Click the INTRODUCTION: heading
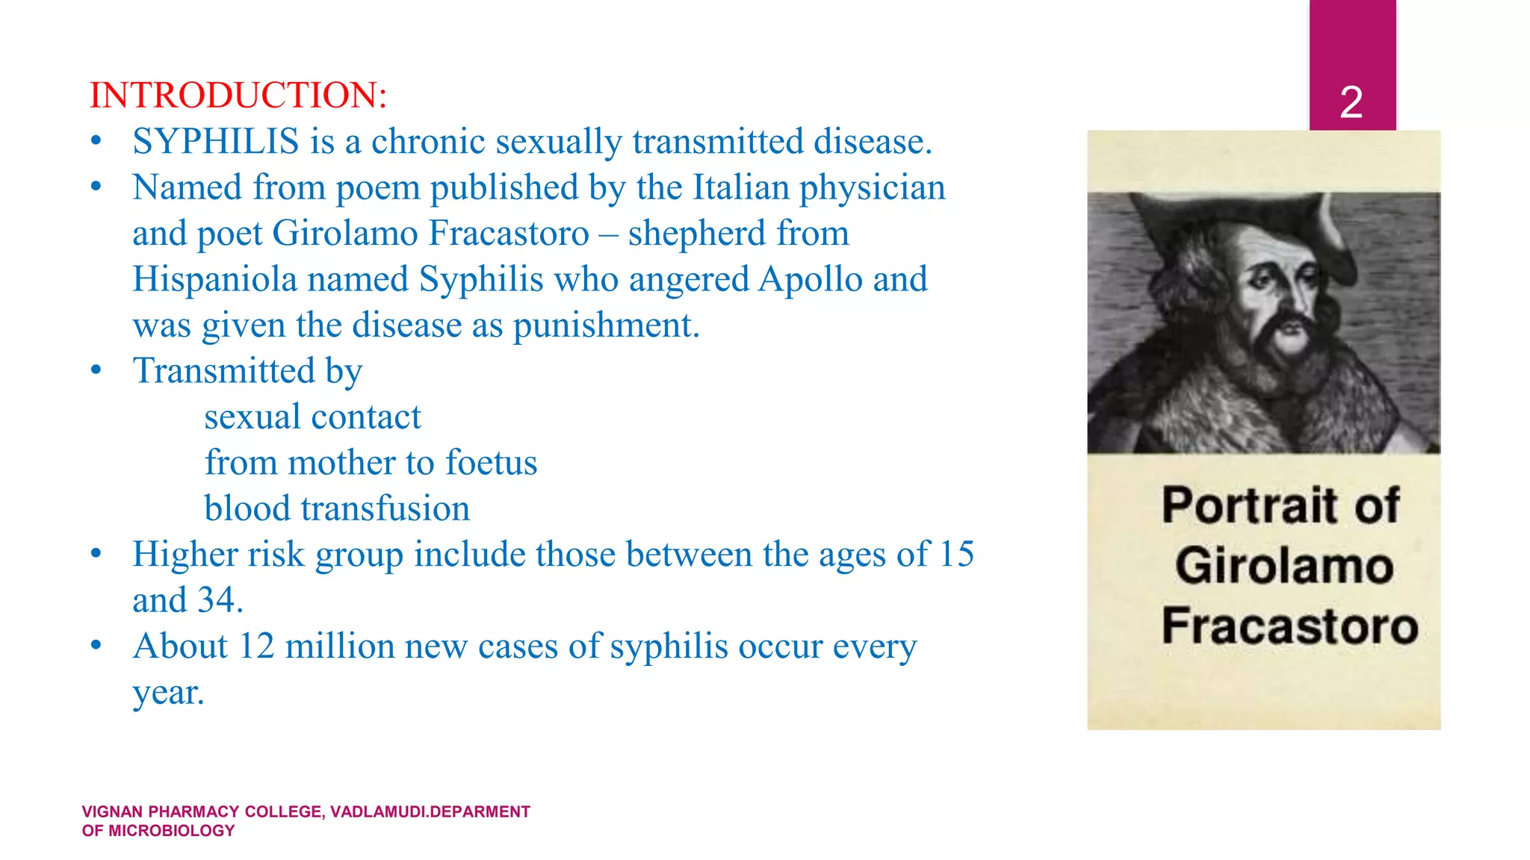click(238, 96)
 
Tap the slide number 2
click(1351, 102)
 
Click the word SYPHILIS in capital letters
click(216, 142)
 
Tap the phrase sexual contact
click(312, 417)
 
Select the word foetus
click(491, 463)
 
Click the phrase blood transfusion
click(337, 509)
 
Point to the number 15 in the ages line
click(956, 555)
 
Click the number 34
click(217, 600)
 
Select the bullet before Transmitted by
click(96, 371)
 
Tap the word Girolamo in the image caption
click(1283, 566)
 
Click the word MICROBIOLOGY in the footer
click(171, 831)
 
